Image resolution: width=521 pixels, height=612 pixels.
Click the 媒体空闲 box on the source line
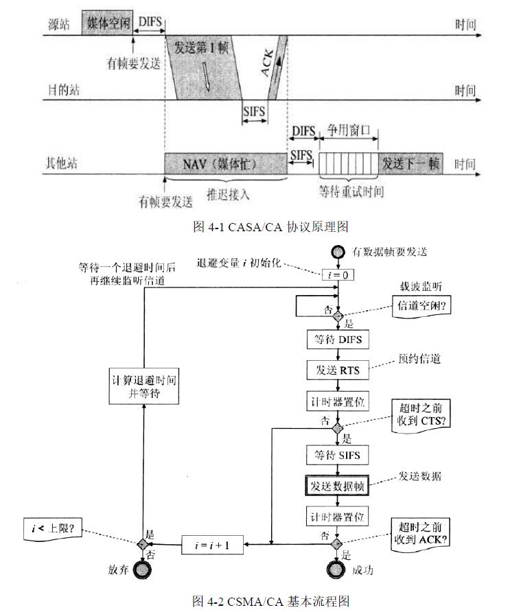pos(107,23)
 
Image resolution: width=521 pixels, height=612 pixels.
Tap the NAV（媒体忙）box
pos(225,165)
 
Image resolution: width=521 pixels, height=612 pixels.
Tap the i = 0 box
pos(338,274)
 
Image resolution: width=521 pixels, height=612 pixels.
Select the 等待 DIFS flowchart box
pos(338,340)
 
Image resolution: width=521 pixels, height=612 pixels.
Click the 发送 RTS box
pos(338,369)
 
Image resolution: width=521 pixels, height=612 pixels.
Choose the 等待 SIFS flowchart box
pos(338,455)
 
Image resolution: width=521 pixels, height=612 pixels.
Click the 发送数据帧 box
pos(338,485)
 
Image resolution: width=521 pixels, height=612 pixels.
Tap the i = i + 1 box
pos(213,545)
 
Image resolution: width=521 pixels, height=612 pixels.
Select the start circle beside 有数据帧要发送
pos(338,252)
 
